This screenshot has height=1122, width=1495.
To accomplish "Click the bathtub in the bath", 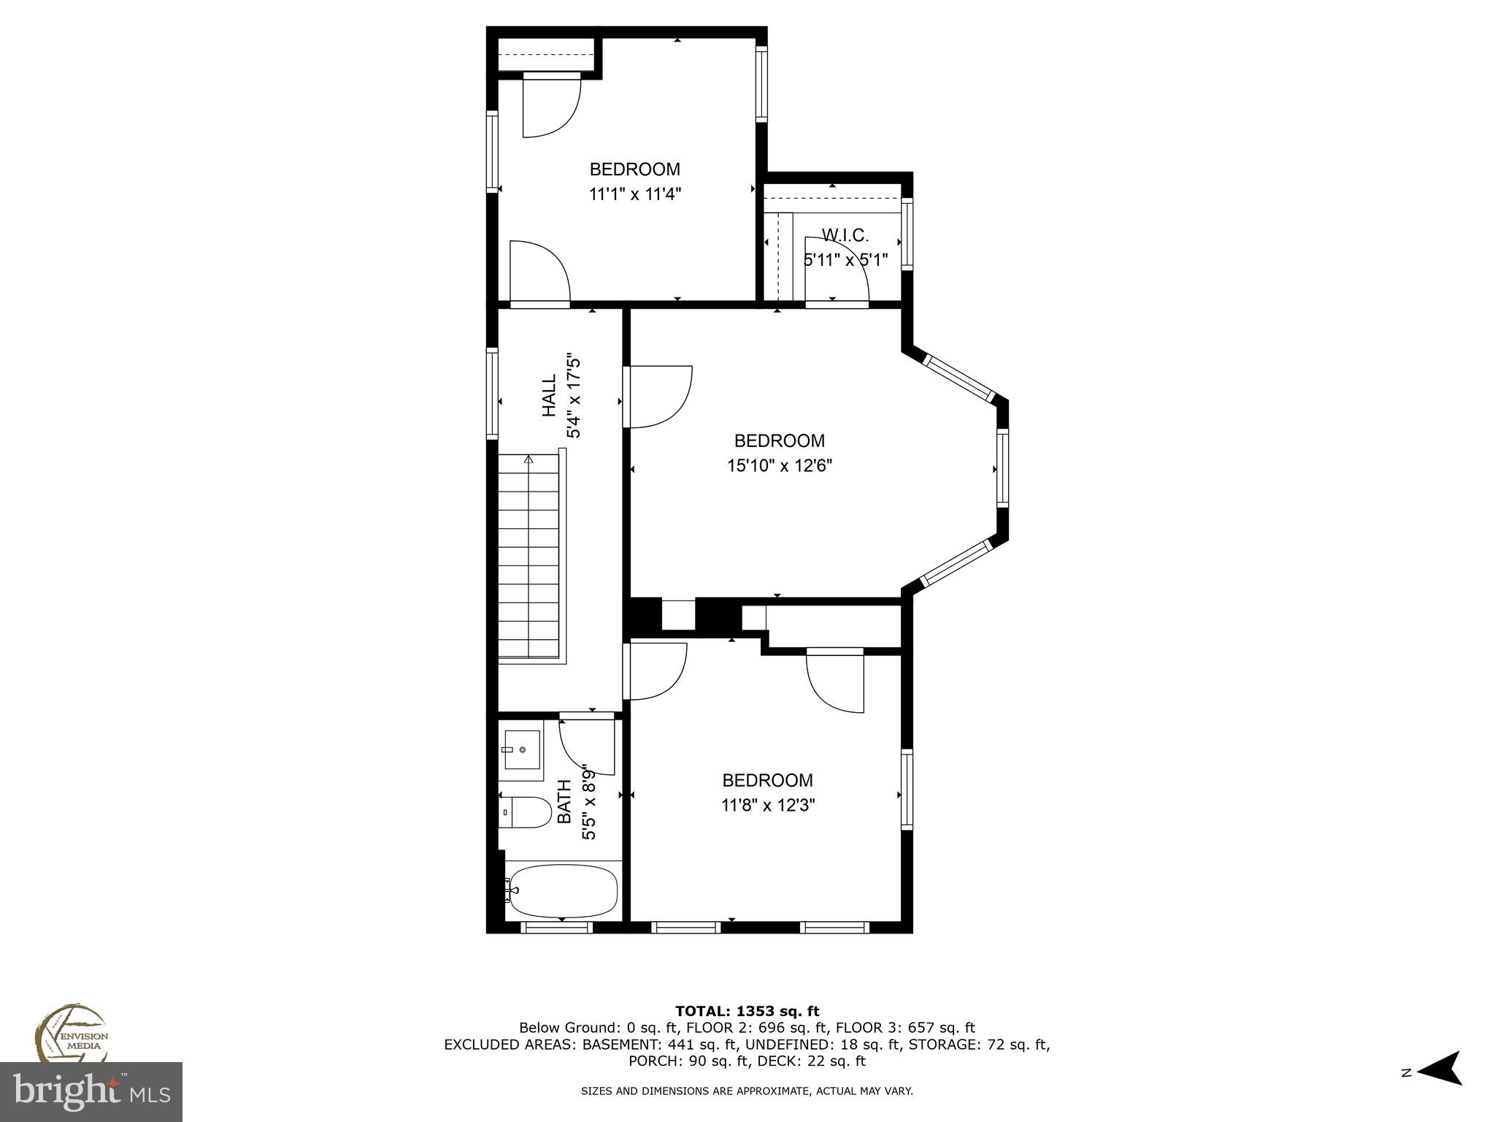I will point(563,891).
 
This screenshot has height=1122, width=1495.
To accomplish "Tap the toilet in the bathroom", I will point(527,812).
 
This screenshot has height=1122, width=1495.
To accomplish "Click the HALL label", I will point(549,396).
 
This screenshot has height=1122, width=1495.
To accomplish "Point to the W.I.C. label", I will point(845,235).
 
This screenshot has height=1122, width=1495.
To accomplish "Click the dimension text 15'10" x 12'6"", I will point(779,465).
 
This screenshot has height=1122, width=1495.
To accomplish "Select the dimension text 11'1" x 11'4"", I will point(634,194).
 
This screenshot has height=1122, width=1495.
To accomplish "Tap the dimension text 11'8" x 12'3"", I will point(768,805).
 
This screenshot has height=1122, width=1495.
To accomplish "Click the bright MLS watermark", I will point(91,1091).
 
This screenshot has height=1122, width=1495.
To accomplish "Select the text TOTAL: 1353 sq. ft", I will point(747,1011).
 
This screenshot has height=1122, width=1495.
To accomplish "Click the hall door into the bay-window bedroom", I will point(657,396).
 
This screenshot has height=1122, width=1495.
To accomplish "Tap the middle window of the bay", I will point(1003,468).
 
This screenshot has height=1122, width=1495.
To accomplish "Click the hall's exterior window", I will point(492,394).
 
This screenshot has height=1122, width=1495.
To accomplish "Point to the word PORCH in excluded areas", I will point(652,1061).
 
